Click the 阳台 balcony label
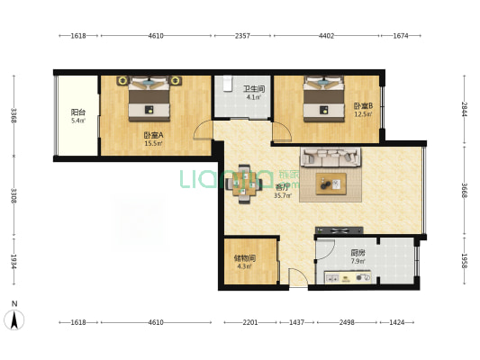78,112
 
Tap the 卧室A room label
153,135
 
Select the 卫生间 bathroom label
254,89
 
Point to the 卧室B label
363,106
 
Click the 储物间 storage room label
245,258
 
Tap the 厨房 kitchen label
358,253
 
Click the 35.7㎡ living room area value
282,195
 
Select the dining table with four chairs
244,184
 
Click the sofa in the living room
331,157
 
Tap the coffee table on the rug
331,184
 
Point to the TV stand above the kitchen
340,230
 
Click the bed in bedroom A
149,98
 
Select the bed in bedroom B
323,98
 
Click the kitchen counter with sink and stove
348,277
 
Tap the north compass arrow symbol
14,319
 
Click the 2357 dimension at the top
242,36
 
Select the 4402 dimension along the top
326,36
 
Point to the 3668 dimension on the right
465,190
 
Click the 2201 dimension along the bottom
250,322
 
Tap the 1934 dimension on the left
14,261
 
